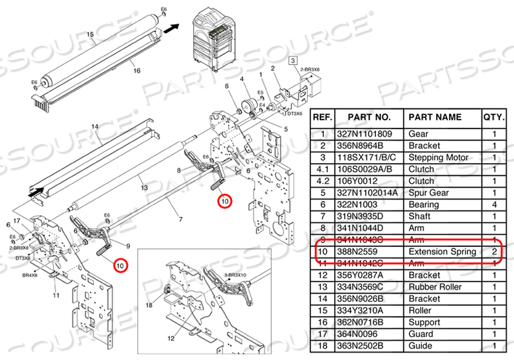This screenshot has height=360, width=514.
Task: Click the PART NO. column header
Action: point(369,116)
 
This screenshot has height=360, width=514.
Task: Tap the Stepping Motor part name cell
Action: point(441,157)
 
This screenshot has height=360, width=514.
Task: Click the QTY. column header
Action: point(493,116)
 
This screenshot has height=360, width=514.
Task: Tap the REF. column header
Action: point(323,116)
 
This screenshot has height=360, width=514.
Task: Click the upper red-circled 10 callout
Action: point(225,201)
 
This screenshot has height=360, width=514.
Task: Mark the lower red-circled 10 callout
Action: point(120,266)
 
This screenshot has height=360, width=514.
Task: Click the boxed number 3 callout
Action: point(294,60)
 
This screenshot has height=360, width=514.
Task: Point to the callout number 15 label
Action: point(89,34)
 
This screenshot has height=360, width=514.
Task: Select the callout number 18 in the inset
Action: point(148,307)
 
